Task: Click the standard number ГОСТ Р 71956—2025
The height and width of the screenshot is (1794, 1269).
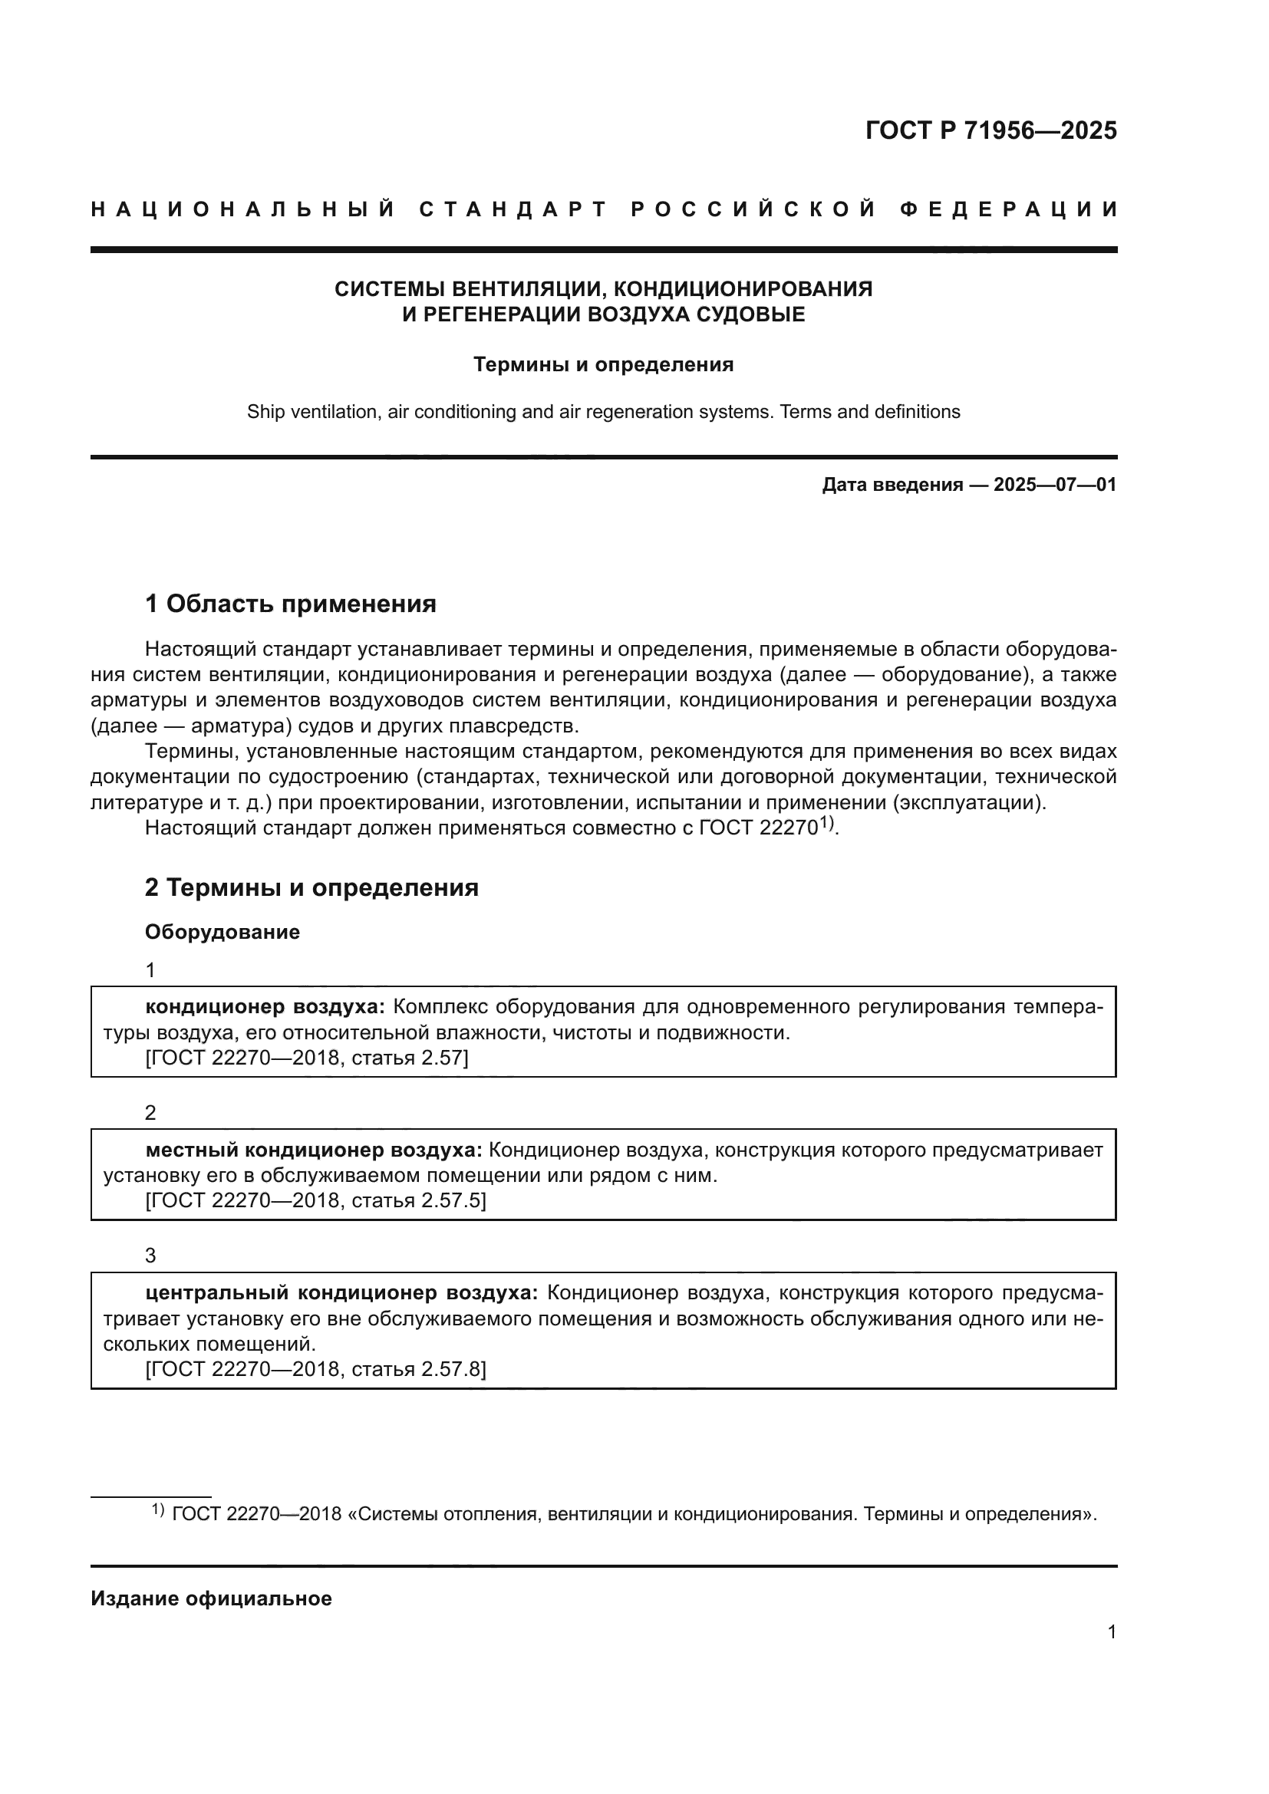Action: [990, 130]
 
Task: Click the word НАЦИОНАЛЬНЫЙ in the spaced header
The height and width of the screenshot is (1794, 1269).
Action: [243, 209]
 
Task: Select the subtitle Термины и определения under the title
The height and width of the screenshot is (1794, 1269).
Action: [603, 365]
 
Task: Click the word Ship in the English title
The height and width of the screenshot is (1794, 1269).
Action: [265, 412]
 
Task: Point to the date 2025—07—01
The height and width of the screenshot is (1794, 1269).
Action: [1054, 485]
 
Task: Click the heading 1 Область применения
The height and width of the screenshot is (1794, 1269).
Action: [290, 603]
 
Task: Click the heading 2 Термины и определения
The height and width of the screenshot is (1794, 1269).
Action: [311, 887]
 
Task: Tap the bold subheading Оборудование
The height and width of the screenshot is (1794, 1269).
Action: [222, 931]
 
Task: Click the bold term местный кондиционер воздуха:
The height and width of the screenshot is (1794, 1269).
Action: [314, 1150]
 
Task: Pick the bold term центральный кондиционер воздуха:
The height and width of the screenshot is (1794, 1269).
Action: [341, 1292]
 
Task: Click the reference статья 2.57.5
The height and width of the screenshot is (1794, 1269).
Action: [417, 1200]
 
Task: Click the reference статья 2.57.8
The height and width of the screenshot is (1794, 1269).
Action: [417, 1368]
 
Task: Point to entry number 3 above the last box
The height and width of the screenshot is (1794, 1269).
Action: [151, 1255]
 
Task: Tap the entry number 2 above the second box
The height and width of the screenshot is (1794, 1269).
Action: [151, 1112]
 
